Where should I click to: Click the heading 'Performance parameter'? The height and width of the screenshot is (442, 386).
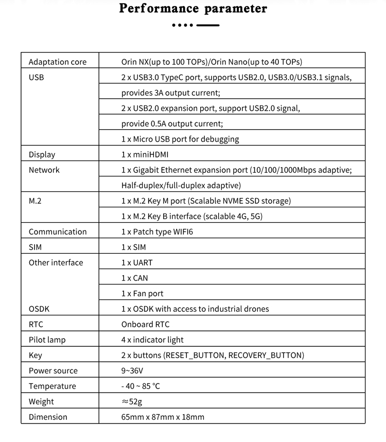[193, 9]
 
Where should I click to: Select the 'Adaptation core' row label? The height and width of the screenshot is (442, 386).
[57, 62]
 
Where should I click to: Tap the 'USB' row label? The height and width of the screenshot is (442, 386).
[36, 77]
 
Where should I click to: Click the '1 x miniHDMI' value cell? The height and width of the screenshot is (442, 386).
[145, 154]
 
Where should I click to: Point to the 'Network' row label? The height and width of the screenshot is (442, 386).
[44, 170]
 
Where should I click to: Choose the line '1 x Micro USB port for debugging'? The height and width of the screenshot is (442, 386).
[180, 139]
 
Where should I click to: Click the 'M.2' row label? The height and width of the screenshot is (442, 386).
[35, 201]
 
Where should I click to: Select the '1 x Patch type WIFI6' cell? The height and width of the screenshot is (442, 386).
[157, 232]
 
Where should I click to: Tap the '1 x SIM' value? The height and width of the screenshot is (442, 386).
[133, 247]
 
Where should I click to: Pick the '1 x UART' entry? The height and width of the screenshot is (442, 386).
[137, 262]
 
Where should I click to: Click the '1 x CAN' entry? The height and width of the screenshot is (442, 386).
[134, 278]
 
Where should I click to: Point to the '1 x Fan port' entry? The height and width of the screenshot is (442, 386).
[142, 293]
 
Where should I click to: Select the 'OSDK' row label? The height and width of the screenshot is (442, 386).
[39, 309]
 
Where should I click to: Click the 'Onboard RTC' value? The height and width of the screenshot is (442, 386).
[145, 324]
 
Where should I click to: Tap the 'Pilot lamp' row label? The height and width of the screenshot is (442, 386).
[47, 340]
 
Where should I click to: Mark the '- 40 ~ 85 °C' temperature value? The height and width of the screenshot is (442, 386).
[141, 386]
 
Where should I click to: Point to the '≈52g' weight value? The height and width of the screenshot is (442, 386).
[132, 401]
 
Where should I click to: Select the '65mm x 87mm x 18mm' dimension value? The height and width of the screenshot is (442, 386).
[163, 417]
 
